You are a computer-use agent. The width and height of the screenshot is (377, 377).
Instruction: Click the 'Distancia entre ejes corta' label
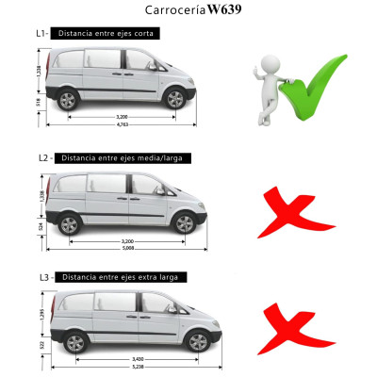click(x=106, y=33)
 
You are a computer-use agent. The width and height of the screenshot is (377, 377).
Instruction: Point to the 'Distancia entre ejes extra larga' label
click(x=122, y=277)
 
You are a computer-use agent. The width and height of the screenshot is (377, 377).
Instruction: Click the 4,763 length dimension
click(x=122, y=123)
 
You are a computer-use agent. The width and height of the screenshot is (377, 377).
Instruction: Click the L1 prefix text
click(x=41, y=33)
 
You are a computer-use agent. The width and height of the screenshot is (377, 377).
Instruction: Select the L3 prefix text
click(x=41, y=277)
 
